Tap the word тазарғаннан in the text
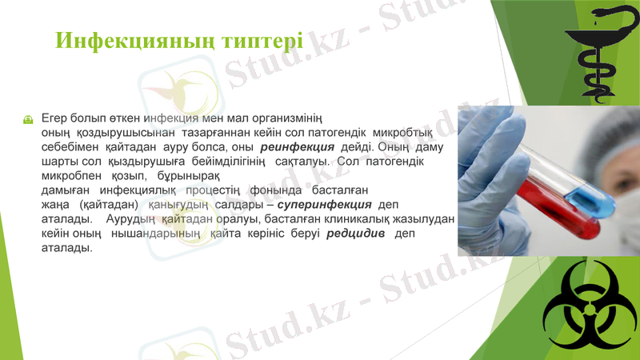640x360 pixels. [x=220, y=133]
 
